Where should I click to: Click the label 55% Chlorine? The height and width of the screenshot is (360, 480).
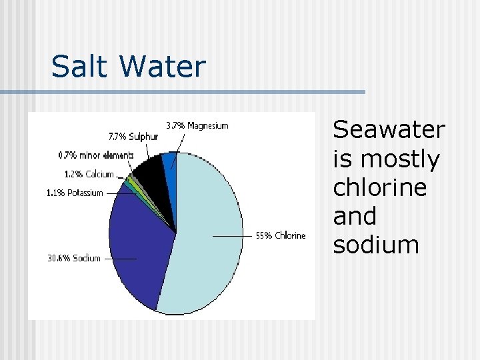[281, 235]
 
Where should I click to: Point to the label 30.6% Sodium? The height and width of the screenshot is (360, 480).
[73, 258]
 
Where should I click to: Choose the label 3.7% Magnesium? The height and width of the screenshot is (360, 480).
[197, 125]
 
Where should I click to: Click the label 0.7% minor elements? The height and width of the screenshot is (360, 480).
[96, 155]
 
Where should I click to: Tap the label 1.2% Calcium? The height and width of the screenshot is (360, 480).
[89, 174]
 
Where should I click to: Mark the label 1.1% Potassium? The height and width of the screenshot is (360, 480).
[75, 193]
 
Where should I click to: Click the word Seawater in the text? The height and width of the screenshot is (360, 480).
[389, 129]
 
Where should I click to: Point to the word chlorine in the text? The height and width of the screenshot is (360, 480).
[379, 187]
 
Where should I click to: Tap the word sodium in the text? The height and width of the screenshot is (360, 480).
[376, 245]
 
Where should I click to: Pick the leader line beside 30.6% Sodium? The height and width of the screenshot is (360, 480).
[120, 259]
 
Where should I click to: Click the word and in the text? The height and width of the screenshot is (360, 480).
[355, 216]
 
